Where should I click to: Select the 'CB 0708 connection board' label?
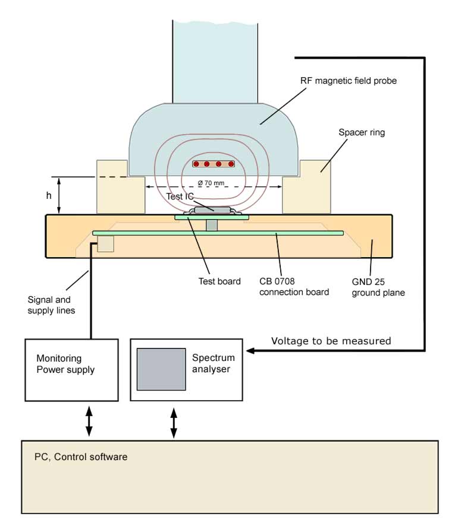pos(294,286)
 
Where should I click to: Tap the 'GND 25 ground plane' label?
pos(378,286)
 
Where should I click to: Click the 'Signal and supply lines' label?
pos(52,305)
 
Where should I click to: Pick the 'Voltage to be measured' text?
pos(331,341)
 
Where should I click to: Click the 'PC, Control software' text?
pos(81,457)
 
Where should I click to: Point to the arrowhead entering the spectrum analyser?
pos(250,351)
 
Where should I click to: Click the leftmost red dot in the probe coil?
pos(196,164)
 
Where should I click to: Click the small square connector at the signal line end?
pos(105,243)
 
